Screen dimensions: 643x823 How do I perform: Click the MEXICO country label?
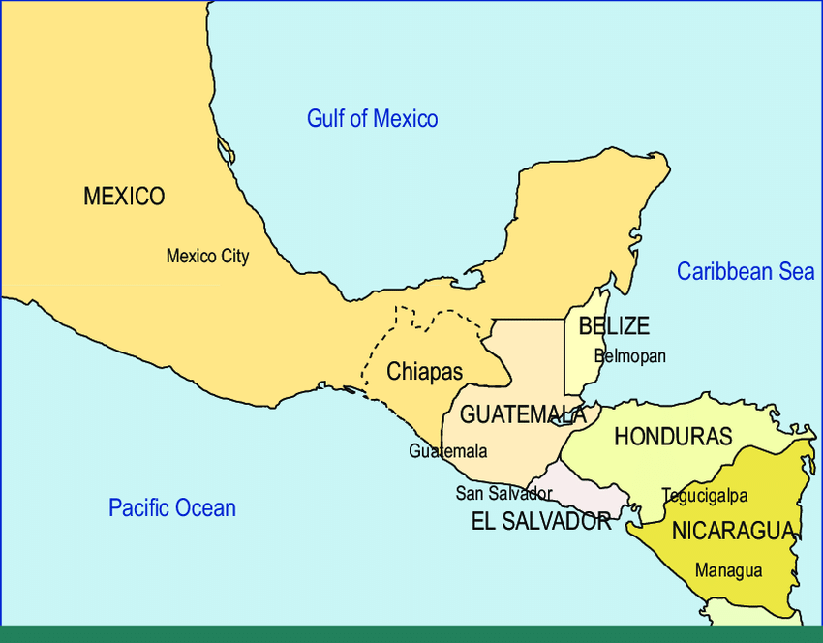coord(124,197)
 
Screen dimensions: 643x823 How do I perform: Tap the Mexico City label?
coord(207,257)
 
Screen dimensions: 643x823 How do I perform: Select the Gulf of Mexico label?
coord(372,119)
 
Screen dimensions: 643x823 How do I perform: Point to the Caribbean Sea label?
coord(745,271)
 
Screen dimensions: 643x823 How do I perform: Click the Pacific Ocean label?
coord(171,507)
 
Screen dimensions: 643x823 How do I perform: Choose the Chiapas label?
coord(424,371)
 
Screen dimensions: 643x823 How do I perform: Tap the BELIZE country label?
coord(614,326)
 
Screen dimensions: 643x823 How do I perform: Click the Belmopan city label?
coord(630,356)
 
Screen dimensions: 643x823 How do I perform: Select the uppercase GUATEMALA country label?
coord(523,414)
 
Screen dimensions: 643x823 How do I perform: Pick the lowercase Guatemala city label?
coord(447,451)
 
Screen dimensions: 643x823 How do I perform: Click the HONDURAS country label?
coord(673,437)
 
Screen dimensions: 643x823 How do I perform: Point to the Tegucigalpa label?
coord(704,496)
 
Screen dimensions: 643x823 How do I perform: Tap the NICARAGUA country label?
coord(733,531)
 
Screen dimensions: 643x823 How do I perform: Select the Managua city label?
coord(728,570)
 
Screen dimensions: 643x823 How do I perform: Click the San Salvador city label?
coord(503,493)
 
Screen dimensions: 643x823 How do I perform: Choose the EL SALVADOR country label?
coord(540,522)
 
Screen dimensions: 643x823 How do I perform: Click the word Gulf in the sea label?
coord(324,119)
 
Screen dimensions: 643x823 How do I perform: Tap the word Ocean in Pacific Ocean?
coord(205,507)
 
